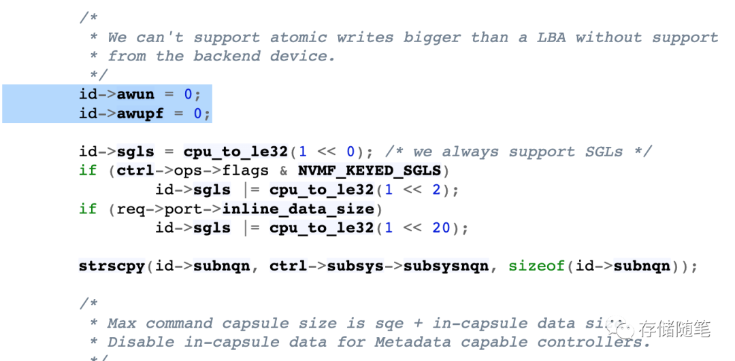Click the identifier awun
click(135, 94)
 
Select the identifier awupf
click(140, 113)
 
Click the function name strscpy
click(112, 266)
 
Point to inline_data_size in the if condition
click(298, 209)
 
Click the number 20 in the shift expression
click(441, 228)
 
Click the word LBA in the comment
click(551, 37)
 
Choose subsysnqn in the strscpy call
click(446, 266)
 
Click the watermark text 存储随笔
click(674, 329)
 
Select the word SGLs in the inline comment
click(604, 152)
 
